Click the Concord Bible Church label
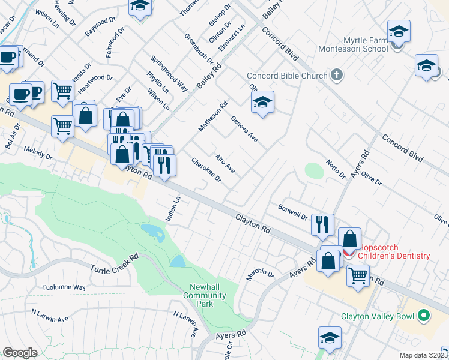pos(287,76)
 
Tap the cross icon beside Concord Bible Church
pos(337,75)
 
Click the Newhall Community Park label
pos(205,295)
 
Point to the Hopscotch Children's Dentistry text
pos(394,251)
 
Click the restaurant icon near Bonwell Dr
pos(322,224)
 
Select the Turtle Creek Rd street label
pos(114,263)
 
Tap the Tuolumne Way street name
pos(64,287)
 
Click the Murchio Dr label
pos(259,275)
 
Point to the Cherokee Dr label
pos(206,170)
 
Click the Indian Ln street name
pos(173,208)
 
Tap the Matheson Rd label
pos(213,117)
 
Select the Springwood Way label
pos(169,75)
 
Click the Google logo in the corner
pos(20,353)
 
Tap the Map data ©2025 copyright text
pos(423,355)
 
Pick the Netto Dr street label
pos(336,169)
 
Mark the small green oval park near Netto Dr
pos(314,171)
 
